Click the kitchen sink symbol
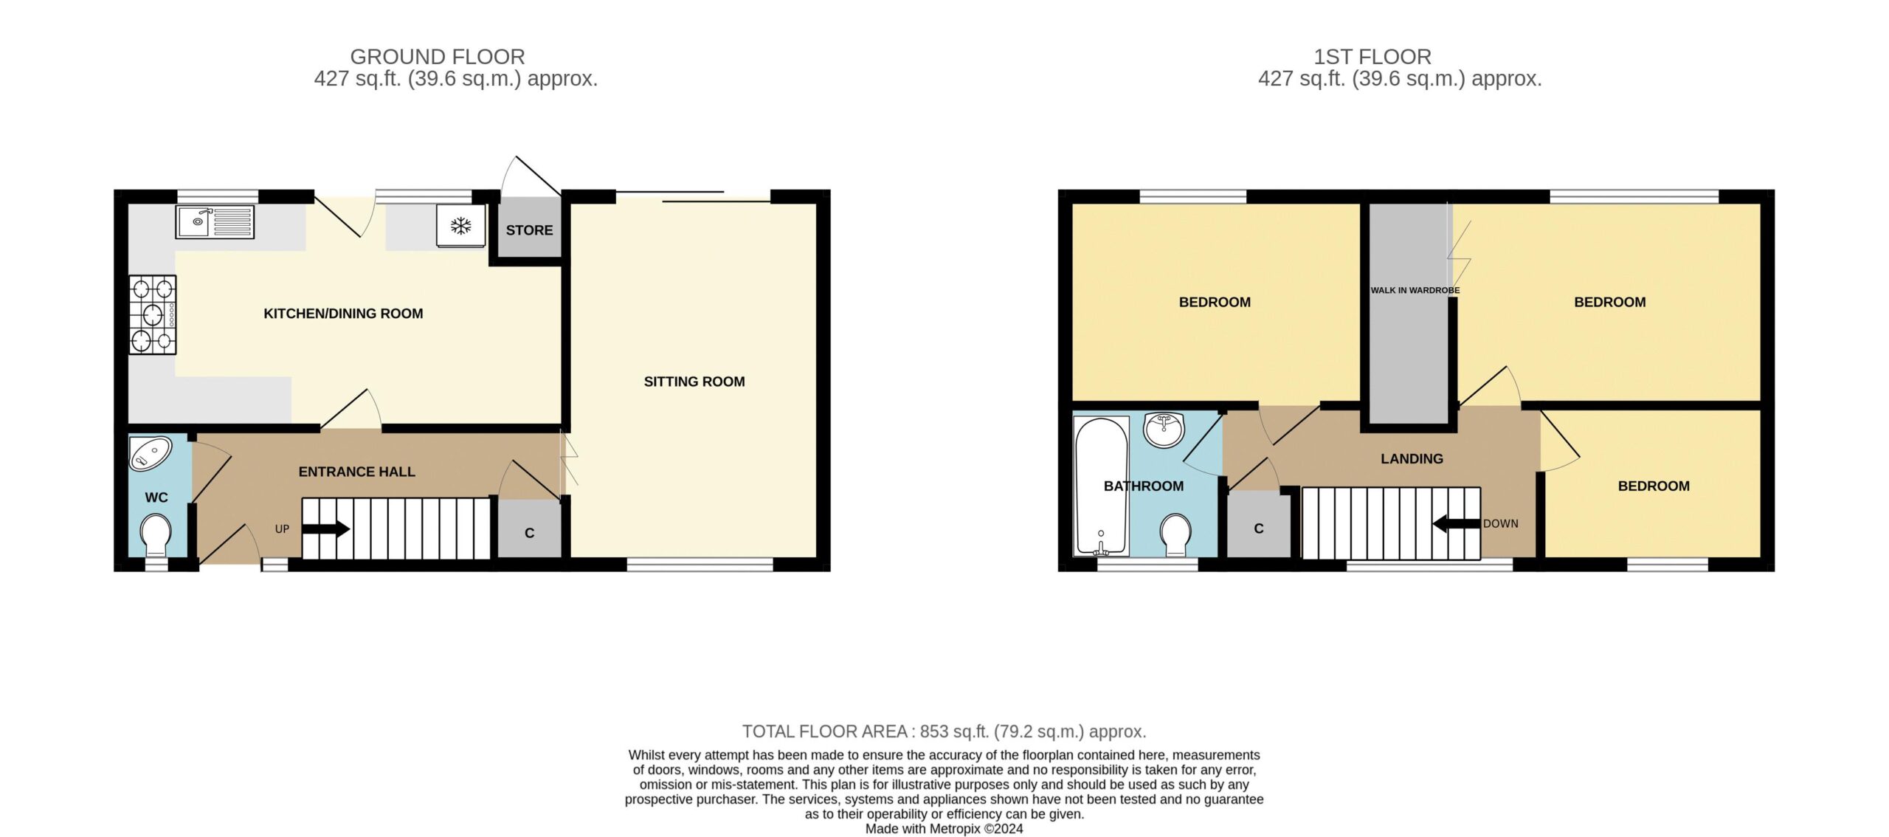click(x=215, y=221)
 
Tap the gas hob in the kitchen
click(x=153, y=314)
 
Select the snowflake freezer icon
click(x=461, y=225)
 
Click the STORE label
click(x=529, y=230)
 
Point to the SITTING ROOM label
click(x=694, y=382)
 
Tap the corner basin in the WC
click(x=150, y=453)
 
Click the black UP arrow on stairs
click(x=325, y=528)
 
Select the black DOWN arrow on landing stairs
click(x=1456, y=523)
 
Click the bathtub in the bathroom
click(x=1102, y=486)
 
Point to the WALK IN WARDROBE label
click(x=1415, y=290)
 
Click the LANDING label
click(x=1412, y=458)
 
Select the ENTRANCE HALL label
click(x=356, y=472)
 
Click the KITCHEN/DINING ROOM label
click(x=343, y=314)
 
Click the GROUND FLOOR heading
click(x=438, y=57)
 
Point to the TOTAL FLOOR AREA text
click(x=944, y=731)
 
